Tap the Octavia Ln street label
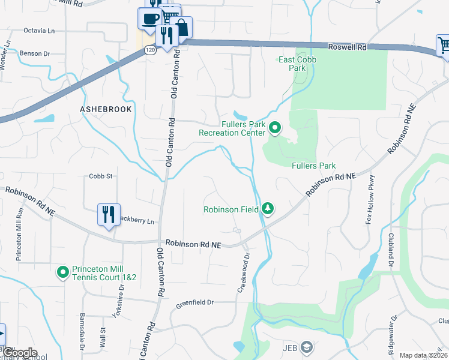coord(38,30)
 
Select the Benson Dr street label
coord(36,53)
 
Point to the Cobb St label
coord(101,176)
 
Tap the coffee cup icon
coord(149,18)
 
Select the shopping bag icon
coord(181,27)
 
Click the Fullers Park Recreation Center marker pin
coord(275,128)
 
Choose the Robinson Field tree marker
coord(268,209)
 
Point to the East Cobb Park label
coord(297,64)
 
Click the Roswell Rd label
coord(347,47)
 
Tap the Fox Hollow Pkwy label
coord(370,200)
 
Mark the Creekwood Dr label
coord(243,261)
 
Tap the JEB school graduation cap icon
coord(307,347)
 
